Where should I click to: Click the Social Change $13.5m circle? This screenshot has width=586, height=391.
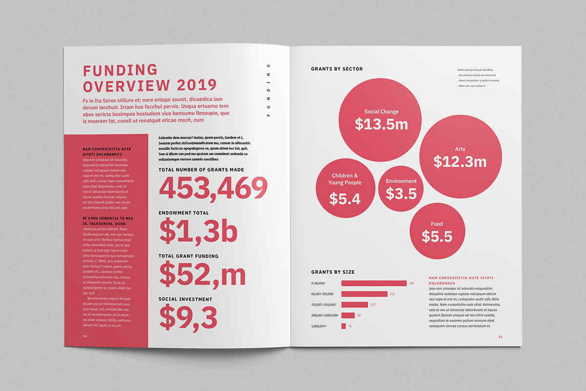pos(380,119)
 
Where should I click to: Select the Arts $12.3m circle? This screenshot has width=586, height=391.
pos(460,156)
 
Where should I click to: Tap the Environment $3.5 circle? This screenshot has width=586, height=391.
pos(401,188)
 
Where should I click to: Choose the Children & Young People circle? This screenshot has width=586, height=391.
pos(345,189)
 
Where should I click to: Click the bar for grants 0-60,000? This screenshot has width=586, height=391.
pos(374,283)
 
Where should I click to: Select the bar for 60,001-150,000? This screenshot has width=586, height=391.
pos(364,294)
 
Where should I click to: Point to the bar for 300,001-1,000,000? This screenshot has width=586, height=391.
pos(348,315)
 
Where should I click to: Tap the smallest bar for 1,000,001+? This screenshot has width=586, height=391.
pos(343,326)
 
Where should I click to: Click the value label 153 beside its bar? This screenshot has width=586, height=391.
pos(373,305)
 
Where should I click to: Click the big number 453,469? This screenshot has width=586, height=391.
pos(213,188)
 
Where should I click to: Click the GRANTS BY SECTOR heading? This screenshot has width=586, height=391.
pos(337,69)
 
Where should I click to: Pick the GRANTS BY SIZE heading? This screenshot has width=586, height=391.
pos(333,272)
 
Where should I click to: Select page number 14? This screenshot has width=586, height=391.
pos(85,336)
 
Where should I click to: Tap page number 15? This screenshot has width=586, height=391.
pos(500,336)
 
